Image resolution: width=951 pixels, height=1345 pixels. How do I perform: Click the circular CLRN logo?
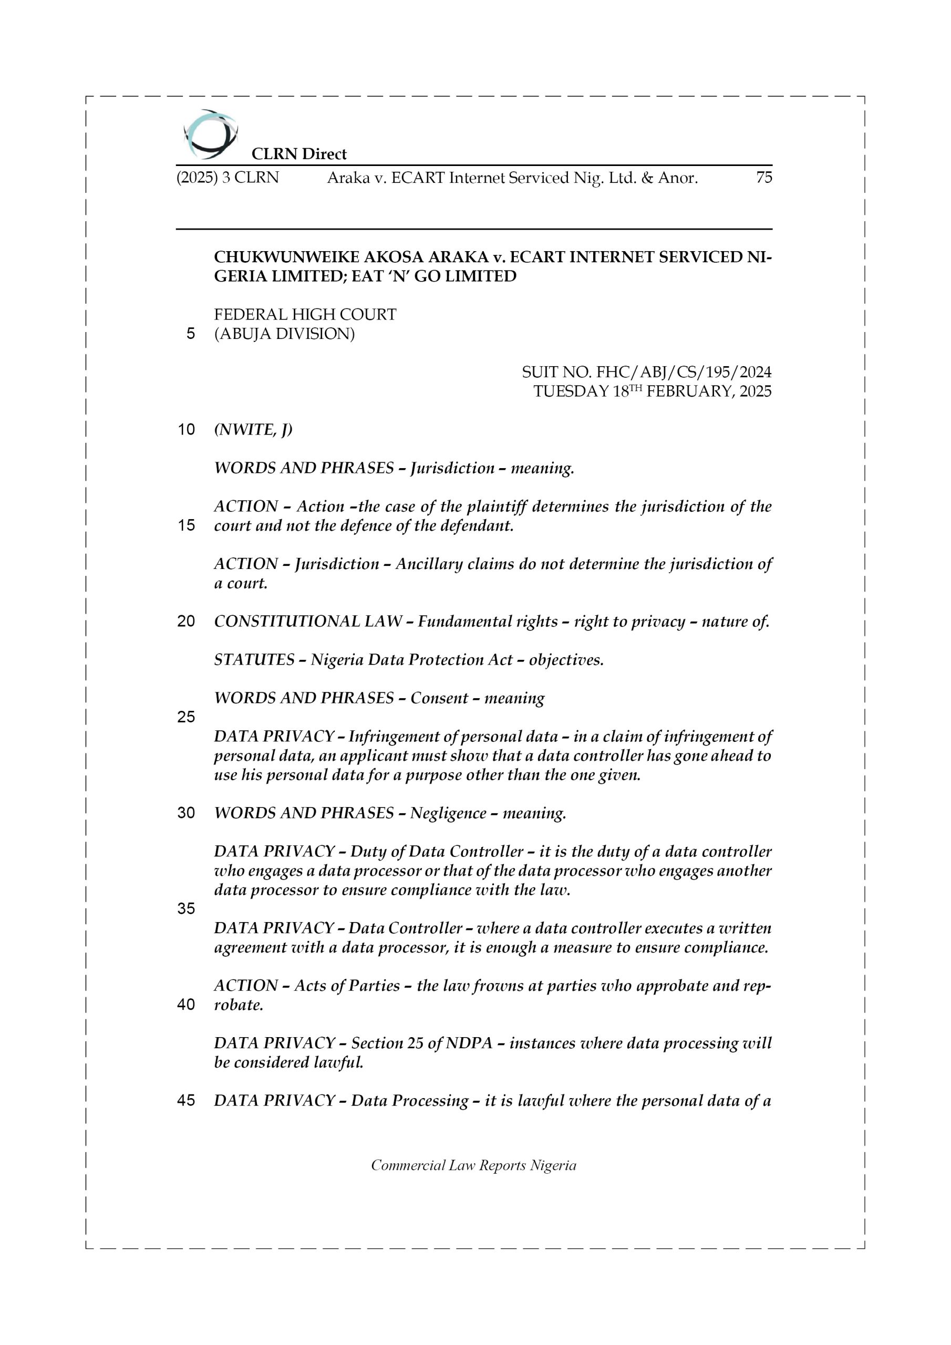pyautogui.click(x=210, y=134)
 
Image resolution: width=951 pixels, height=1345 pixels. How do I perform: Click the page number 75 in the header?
pyautogui.click(x=763, y=177)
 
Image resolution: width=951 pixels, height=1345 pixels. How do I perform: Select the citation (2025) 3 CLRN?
pyautogui.click(x=228, y=177)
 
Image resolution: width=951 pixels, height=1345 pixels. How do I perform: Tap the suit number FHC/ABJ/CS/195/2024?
pyautogui.click(x=683, y=371)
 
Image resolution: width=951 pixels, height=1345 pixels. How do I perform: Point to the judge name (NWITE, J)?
pyautogui.click(x=253, y=429)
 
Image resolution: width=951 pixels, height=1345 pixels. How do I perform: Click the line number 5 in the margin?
pyautogui.click(x=190, y=334)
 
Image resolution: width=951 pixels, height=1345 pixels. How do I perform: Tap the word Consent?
pyautogui.click(x=439, y=698)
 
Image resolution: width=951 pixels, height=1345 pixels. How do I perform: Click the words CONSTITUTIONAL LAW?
pyautogui.click(x=307, y=621)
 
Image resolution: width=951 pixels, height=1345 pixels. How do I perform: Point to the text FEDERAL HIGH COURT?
pyautogui.click(x=305, y=315)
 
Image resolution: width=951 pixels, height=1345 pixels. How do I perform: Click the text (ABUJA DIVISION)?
pyautogui.click(x=284, y=334)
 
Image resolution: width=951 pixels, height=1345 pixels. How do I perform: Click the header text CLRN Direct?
pyautogui.click(x=299, y=154)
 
